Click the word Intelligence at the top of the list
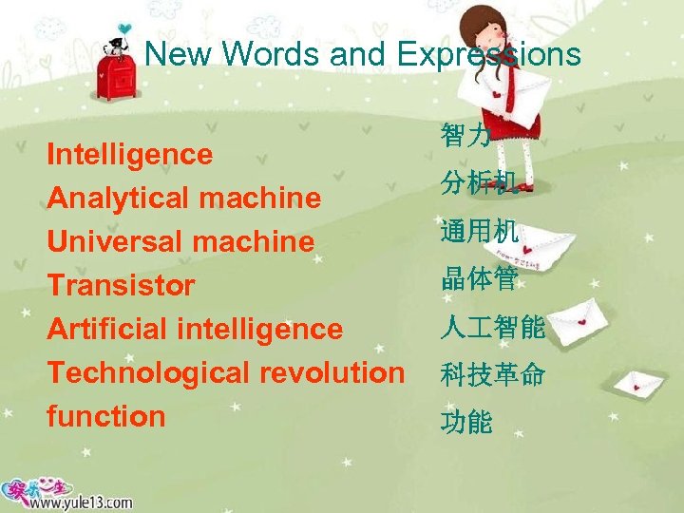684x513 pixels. (130, 154)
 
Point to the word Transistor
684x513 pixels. (121, 285)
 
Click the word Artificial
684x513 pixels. (107, 329)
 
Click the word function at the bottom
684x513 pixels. (106, 416)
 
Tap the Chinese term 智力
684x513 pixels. (465, 137)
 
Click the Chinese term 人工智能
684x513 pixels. (492, 328)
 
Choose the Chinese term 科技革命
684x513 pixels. (492, 375)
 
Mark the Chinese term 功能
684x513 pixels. (465, 422)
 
